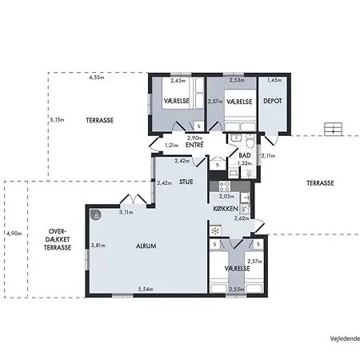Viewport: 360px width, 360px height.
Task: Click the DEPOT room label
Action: pyautogui.click(x=273, y=101)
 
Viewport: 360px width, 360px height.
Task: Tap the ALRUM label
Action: pyautogui.click(x=146, y=246)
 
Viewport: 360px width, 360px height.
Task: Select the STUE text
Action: pyautogui.click(x=186, y=182)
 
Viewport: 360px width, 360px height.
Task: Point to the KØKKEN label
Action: pyautogui.click(x=226, y=209)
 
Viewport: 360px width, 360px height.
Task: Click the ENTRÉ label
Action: pyautogui.click(x=194, y=145)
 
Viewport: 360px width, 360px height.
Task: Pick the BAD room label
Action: pyautogui.click(x=245, y=155)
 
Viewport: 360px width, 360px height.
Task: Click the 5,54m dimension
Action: pyautogui.click(x=146, y=289)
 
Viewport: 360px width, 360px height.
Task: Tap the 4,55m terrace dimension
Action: pyautogui.click(x=97, y=78)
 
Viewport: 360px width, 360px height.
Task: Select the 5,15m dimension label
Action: pyautogui.click(x=57, y=120)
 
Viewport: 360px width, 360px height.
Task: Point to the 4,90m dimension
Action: pyautogui.click(x=14, y=234)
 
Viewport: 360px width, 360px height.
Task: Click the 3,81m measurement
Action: pyautogui.click(x=98, y=246)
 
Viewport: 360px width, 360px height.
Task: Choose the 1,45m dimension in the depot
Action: pyautogui.click(x=274, y=80)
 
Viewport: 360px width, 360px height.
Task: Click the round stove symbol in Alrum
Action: pyautogui.click(x=95, y=214)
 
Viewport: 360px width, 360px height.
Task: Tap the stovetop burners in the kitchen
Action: pyautogui.click(x=225, y=186)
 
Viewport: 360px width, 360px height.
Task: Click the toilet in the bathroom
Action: pyautogui.click(x=250, y=142)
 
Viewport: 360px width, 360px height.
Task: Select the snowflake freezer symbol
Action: pyautogui.click(x=215, y=231)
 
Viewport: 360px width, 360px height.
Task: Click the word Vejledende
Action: pyautogui.click(x=345, y=338)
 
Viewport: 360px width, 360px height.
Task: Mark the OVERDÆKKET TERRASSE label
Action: pyautogui.click(x=58, y=239)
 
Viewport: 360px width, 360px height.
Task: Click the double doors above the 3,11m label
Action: pyautogui.click(x=133, y=199)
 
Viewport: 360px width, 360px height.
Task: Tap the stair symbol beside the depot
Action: pyautogui.click(x=333, y=129)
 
